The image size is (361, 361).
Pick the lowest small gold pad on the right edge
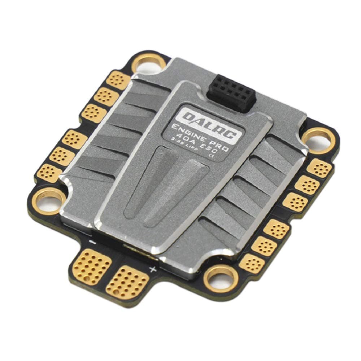251,262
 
